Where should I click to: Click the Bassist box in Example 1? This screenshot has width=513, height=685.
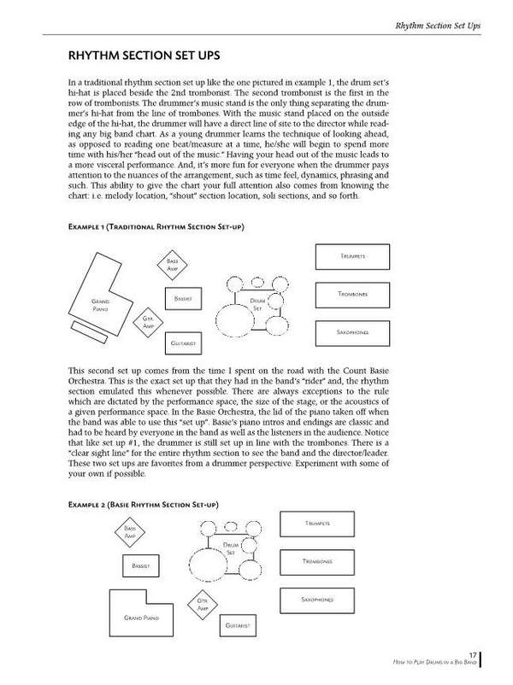point(181,299)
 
